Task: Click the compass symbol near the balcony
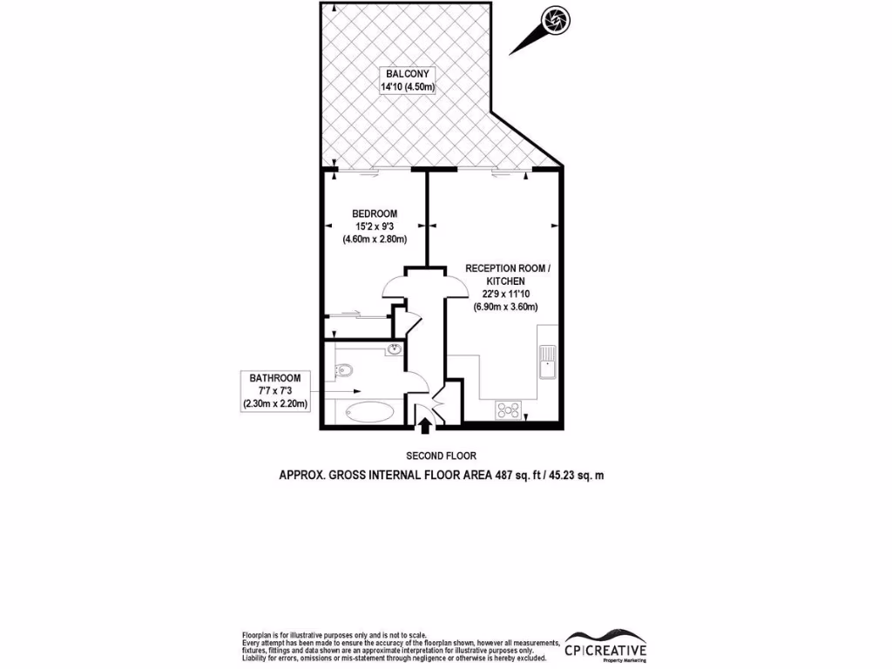553,19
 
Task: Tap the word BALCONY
407,74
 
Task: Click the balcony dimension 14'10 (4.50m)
407,87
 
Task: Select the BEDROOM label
375,214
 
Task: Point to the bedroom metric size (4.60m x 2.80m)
375,240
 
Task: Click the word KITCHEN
505,281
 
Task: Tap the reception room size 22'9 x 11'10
505,294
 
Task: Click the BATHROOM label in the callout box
275,378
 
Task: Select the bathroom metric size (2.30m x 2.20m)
275,403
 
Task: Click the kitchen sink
546,360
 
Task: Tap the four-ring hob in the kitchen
508,409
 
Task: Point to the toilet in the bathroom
342,370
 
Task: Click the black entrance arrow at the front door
425,425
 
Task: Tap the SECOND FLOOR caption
441,456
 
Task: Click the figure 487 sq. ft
510,475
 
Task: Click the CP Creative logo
605,649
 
